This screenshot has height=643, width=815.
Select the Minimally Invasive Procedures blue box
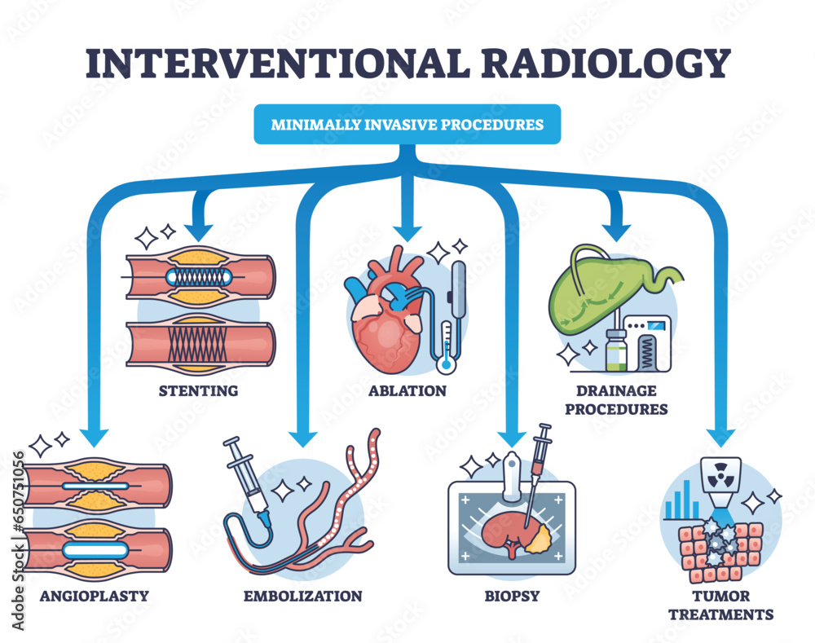point(407,125)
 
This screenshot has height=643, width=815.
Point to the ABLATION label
point(407,390)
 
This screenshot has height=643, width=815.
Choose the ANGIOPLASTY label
point(94,595)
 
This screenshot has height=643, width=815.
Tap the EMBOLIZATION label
point(303,596)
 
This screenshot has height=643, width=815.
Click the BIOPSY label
point(512,596)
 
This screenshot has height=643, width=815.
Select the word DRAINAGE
point(615,391)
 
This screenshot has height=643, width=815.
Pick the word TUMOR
point(720,596)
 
